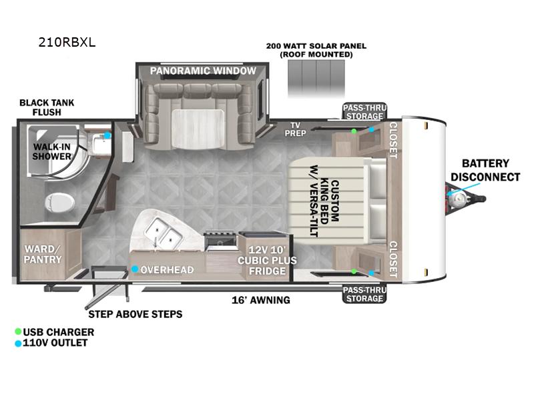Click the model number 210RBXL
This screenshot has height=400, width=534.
[x=67, y=42]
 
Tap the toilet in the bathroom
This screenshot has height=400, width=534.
[x=59, y=203]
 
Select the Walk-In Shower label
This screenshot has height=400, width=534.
[x=52, y=152]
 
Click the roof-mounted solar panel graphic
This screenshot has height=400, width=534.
[x=316, y=79]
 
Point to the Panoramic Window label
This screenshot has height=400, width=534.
[x=203, y=71]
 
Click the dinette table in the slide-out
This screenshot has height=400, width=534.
[x=198, y=129]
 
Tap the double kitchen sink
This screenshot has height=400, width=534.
[x=163, y=233]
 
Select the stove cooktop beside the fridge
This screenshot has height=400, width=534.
[x=220, y=241]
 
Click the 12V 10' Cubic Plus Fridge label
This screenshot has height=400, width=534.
[x=267, y=261]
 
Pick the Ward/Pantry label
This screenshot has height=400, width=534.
[x=43, y=254]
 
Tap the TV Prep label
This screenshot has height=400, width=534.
[x=295, y=129]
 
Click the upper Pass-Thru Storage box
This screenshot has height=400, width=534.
[x=364, y=111]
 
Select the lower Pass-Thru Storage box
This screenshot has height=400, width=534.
[x=364, y=294]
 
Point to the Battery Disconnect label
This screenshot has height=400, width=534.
[x=485, y=171]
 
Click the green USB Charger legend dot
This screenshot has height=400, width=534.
[x=18, y=331]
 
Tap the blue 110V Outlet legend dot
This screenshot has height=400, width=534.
[x=18, y=343]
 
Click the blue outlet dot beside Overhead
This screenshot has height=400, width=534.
[x=135, y=269]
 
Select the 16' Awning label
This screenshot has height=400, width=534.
[x=261, y=300]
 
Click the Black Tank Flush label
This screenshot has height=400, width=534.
[x=47, y=107]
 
